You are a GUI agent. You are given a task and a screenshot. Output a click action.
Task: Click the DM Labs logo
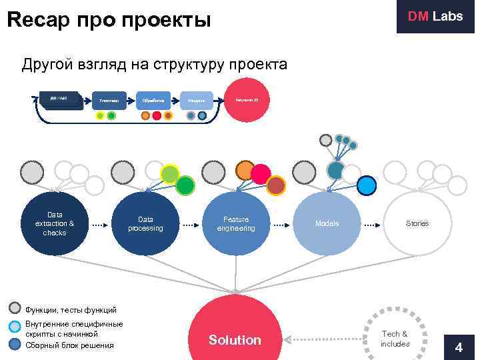point(435,17)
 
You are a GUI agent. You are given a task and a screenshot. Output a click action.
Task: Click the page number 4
point(458,347)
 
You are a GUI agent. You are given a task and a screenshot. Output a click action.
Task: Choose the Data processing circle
point(145,223)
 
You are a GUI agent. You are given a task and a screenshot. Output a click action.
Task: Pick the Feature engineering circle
point(236,223)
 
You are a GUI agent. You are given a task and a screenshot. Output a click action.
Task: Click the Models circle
point(327,223)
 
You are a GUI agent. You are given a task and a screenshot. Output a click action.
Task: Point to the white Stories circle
point(417,223)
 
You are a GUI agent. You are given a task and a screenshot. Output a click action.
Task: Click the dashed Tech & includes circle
point(395,338)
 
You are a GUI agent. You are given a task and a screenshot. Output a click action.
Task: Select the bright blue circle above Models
point(366,185)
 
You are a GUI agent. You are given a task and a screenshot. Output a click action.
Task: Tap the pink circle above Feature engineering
point(260,174)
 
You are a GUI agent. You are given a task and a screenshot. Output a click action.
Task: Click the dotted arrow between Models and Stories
point(372,224)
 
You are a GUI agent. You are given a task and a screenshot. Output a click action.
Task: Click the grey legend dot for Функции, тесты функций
point(16,309)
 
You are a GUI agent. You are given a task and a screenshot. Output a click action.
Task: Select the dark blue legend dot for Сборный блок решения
point(16,344)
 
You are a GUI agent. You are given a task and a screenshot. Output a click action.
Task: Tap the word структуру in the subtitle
point(189,65)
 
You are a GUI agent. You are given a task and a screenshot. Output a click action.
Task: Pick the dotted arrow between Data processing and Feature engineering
point(191,224)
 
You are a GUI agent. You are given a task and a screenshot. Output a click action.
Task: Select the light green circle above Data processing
point(171,174)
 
